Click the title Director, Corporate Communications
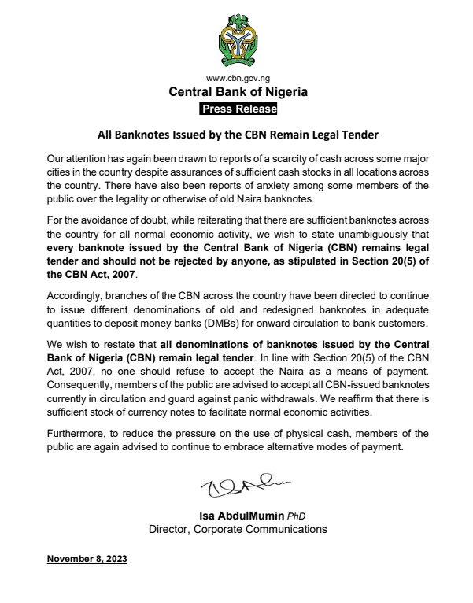tap(238, 530)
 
